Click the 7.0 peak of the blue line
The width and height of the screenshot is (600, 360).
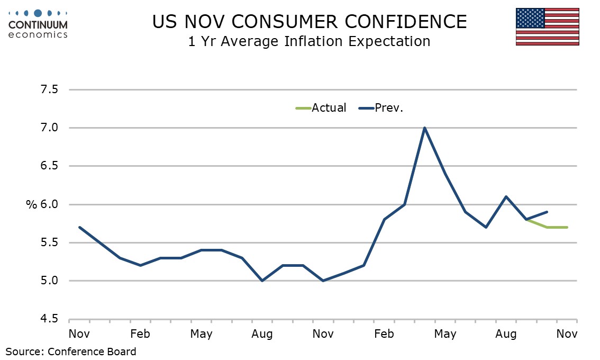(424, 128)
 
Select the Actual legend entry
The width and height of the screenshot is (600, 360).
(320, 108)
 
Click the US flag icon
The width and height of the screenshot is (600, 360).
(547, 26)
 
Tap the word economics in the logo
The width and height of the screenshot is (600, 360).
(39, 34)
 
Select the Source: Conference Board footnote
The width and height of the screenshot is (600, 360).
(71, 351)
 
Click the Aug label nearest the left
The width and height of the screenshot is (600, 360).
(262, 334)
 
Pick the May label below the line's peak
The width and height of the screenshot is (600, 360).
(445, 334)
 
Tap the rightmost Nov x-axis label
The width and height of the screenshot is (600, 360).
(567, 334)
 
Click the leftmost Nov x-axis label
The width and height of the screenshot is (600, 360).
(79, 334)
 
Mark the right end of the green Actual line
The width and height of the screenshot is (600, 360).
(567, 227)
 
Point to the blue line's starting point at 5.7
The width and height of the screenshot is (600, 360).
(79, 227)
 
